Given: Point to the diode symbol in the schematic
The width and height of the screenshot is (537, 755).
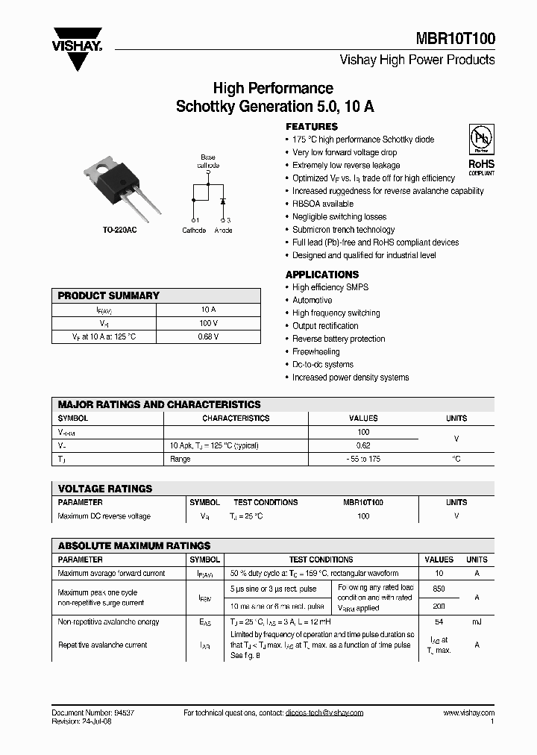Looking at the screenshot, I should coord(222,202).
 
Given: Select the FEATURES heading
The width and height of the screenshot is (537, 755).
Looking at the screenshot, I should coord(312,127).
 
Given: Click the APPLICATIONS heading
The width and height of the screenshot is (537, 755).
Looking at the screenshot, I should coord(322,275).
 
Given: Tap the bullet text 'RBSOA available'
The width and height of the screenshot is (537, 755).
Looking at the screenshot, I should coord(323,204).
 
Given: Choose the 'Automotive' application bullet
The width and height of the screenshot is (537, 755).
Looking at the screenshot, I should coord(313,300).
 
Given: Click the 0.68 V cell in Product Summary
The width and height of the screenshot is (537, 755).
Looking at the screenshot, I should coord(209,337).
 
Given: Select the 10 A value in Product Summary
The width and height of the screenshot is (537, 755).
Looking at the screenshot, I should coord(209,309).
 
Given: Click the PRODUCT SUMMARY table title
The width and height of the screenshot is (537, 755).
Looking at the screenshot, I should coord(109,295).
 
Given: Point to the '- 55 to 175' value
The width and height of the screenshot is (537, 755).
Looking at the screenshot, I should coord(363,459).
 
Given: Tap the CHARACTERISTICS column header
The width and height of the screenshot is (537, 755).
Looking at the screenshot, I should coord(236,419).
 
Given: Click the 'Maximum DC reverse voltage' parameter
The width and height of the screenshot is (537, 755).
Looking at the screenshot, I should coord(104,516).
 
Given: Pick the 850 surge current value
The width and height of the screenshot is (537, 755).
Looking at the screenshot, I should coord(439,589).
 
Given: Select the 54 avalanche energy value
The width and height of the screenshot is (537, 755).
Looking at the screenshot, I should coord(439,621).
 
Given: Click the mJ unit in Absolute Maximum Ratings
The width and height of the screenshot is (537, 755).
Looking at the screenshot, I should coord(477,621).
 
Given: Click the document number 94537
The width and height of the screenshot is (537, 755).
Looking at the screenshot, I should coord(119,712).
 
